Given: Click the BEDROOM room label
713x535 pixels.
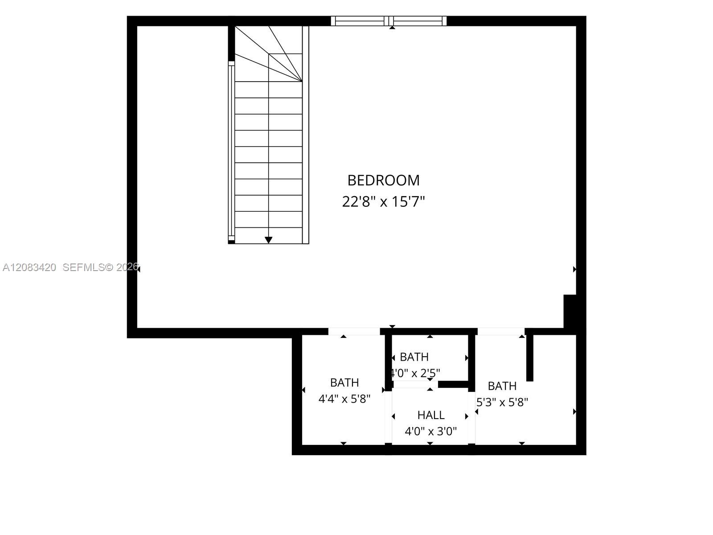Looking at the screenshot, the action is (x=383, y=181).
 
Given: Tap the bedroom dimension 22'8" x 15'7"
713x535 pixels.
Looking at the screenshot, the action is (x=383, y=202).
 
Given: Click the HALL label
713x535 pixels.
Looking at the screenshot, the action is (x=431, y=415).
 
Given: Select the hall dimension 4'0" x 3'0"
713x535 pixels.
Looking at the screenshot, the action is (x=431, y=432).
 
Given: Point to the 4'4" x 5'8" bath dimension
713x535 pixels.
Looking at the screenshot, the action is (x=344, y=399).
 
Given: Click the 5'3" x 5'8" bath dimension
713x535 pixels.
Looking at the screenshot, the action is (x=502, y=403).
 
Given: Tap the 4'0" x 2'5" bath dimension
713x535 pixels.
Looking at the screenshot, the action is (x=415, y=373).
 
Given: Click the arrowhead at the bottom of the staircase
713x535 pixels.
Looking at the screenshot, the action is (x=268, y=240).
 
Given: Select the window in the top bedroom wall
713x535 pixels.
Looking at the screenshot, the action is (x=389, y=21).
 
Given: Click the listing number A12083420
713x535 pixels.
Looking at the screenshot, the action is (x=29, y=267).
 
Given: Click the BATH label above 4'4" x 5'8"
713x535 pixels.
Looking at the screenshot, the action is (x=344, y=383).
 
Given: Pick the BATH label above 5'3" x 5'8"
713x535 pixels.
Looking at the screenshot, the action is (x=502, y=386).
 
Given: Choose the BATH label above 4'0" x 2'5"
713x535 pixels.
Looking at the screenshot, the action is (x=414, y=357).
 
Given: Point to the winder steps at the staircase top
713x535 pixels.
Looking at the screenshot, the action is (x=268, y=54).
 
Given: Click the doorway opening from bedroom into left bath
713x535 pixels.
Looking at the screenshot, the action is (x=354, y=331).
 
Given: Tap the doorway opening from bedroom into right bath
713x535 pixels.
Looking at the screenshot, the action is (x=501, y=331).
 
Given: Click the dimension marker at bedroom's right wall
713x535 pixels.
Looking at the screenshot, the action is (x=574, y=269).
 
